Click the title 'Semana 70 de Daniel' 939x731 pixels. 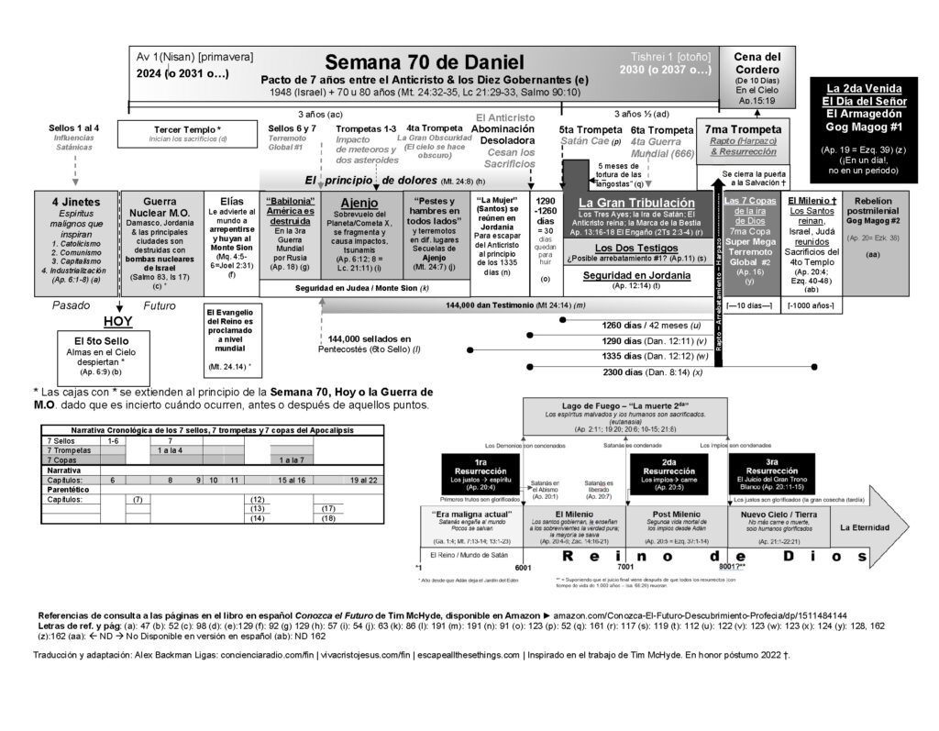tap(425, 62)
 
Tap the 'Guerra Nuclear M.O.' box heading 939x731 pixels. tap(159, 207)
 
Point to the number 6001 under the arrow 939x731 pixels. tap(523, 569)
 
